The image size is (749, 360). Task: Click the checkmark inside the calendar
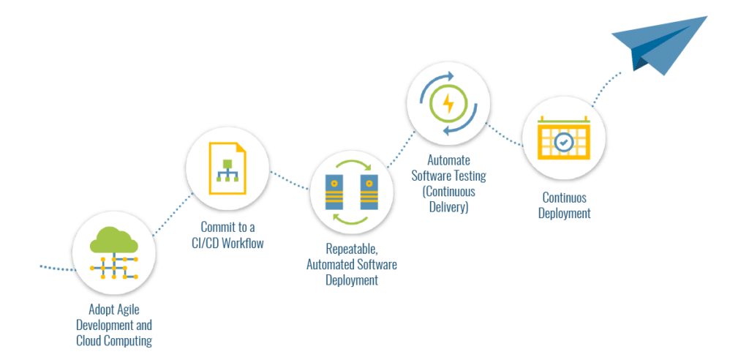[x=563, y=142]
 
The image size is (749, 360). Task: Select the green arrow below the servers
[x=351, y=220]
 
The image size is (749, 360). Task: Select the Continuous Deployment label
[x=565, y=205]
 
